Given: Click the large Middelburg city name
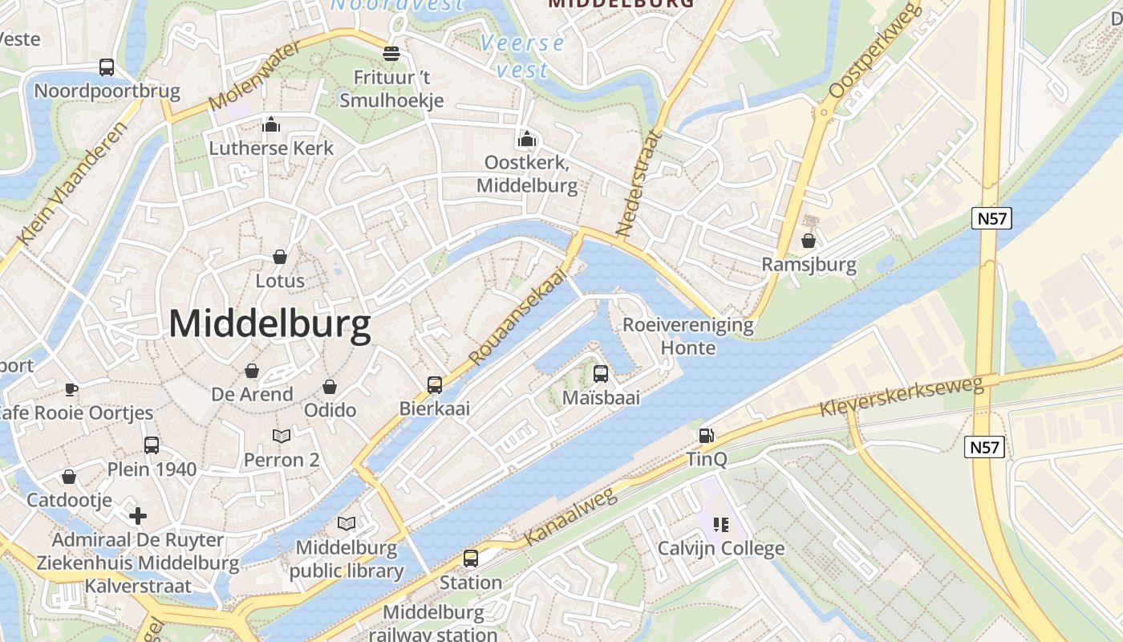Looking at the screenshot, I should pos(270,324).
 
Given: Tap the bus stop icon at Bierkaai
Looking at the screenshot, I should pos(435,385).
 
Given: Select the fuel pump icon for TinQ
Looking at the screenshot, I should pos(707,436).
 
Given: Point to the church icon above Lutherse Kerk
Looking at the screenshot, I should pos(271,125).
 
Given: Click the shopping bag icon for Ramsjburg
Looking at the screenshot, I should pos(809,241).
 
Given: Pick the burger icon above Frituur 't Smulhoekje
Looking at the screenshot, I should pos(391,54).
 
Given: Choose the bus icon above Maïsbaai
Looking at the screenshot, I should pos(601,373).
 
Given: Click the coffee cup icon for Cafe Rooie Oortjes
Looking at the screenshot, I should pos(71,390).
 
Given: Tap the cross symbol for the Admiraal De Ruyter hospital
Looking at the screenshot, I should pos(138,515).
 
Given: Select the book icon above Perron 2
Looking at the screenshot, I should pos(282,436).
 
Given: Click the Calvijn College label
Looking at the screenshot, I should pos(720,549).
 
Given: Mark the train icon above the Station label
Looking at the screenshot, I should pos(471,558).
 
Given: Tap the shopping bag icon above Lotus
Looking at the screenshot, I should pos(280,257).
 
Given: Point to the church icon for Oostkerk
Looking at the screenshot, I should pos(527,140).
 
